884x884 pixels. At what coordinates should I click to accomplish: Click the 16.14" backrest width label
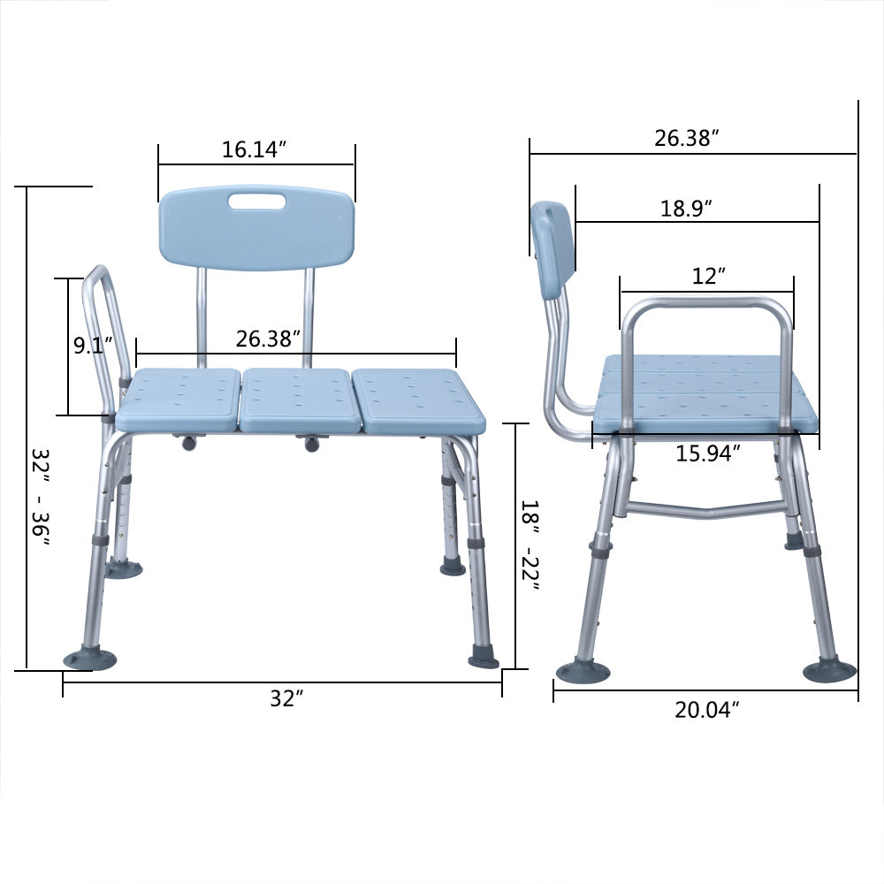[255, 149]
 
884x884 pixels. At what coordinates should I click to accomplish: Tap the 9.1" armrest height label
[88, 345]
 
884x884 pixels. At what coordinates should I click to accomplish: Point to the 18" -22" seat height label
[529, 545]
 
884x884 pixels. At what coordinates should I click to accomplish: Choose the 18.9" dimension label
[686, 209]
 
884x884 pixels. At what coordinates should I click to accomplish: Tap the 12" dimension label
[708, 277]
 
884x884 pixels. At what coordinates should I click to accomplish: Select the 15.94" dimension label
[707, 453]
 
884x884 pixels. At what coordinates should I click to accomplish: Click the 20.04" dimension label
[707, 710]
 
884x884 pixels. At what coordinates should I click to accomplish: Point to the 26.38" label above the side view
[686, 138]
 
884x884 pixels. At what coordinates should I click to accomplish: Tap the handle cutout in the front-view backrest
[256, 202]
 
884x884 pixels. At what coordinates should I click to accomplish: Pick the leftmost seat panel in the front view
[179, 400]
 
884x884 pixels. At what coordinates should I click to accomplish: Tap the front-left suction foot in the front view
[89, 659]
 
